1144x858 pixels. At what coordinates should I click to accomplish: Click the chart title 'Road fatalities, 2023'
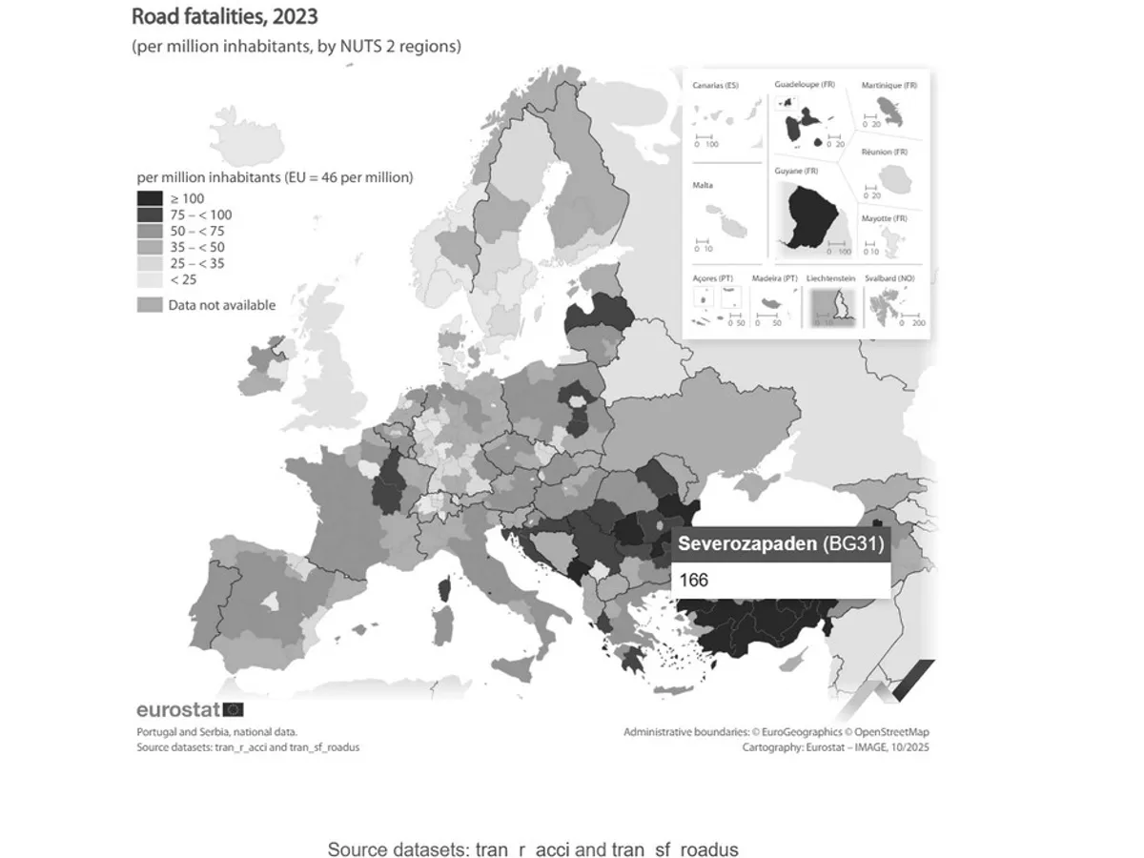[x=224, y=16]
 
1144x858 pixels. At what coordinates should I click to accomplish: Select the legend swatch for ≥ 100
[x=150, y=198]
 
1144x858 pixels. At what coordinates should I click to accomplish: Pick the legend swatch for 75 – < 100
[x=150, y=214]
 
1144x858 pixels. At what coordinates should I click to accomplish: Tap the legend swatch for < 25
[x=150, y=279]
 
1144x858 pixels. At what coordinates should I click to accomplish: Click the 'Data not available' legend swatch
[x=150, y=305]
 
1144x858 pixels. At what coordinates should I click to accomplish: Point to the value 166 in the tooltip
[x=694, y=580]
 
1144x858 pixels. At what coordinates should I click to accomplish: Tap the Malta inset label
[x=703, y=186]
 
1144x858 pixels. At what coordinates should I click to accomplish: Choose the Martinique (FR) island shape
[x=891, y=104]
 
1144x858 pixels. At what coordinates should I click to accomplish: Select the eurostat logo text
[x=177, y=709]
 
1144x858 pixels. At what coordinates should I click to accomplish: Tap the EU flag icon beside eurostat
[x=233, y=709]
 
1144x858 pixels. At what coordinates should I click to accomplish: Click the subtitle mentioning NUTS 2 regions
[x=296, y=46]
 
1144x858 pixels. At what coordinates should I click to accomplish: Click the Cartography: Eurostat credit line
[x=835, y=747]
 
